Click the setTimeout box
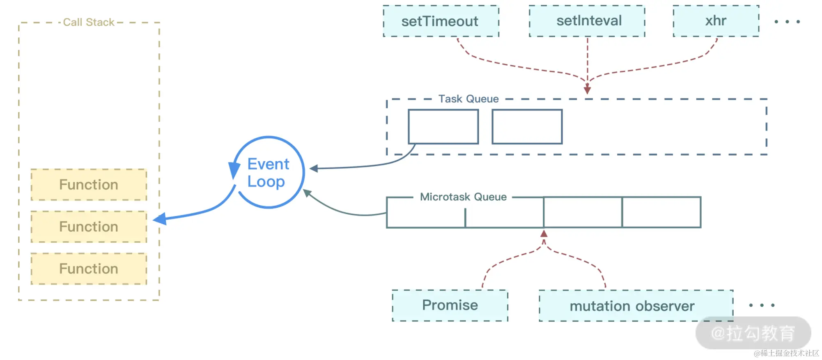pyautogui.click(x=441, y=21)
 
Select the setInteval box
pyautogui.click(x=587, y=21)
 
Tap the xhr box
pyautogui.click(x=716, y=21)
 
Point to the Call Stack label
pyautogui.click(x=89, y=22)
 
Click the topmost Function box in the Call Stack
pyautogui.click(x=89, y=185)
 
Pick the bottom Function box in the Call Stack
pyautogui.click(x=89, y=269)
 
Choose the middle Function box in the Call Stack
pyautogui.click(x=89, y=227)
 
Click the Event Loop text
pyautogui.click(x=268, y=173)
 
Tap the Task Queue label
pyautogui.click(x=468, y=99)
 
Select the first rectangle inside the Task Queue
pyautogui.click(x=443, y=126)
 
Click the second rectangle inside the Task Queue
pyautogui.click(x=527, y=126)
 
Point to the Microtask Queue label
pyautogui.click(x=463, y=197)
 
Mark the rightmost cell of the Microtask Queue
pyautogui.click(x=661, y=212)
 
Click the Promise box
pyautogui.click(x=450, y=305)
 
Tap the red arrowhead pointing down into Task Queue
pyautogui.click(x=587, y=89)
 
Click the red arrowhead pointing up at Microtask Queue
pyautogui.click(x=544, y=234)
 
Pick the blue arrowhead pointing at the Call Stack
pyautogui.click(x=160, y=219)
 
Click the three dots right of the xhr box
pyautogui.click(x=787, y=22)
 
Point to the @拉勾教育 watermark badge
pyautogui.click(x=753, y=333)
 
